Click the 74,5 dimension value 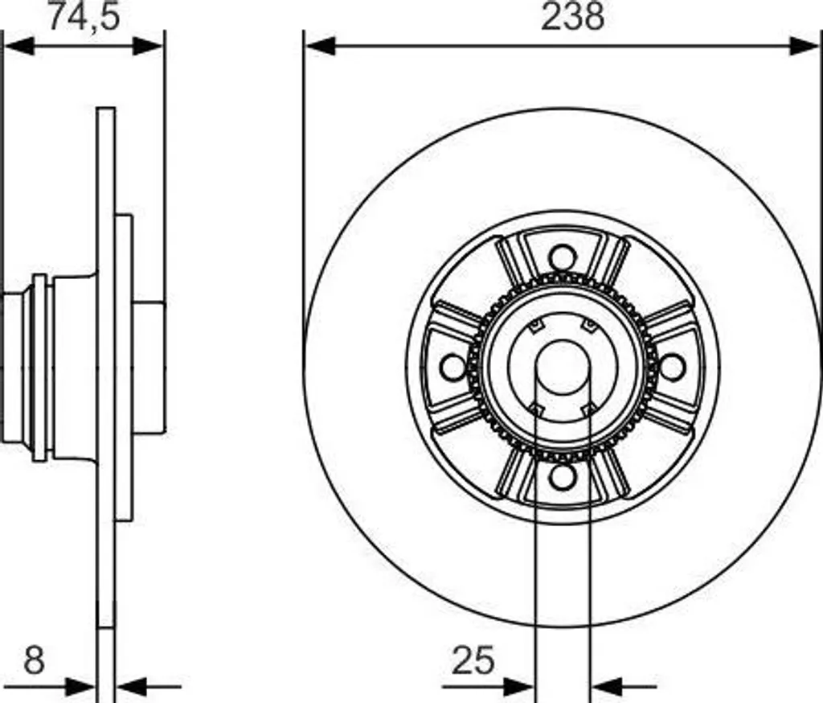click(84, 16)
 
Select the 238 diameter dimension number click(572, 16)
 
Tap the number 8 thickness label click(34, 660)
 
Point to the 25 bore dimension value click(473, 660)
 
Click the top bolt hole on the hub click(563, 258)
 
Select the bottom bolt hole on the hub click(563, 476)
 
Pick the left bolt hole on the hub click(453, 368)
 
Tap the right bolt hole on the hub click(673, 368)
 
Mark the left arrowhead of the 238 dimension click(320, 46)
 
